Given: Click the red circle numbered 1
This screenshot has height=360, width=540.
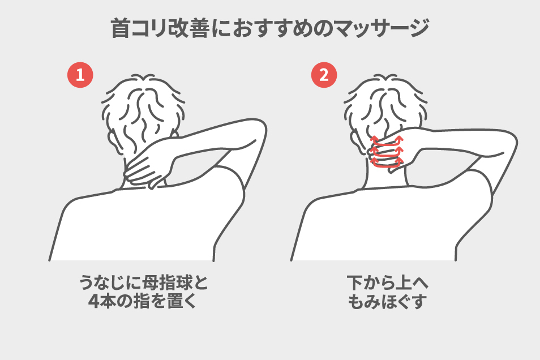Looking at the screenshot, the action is click(x=80, y=75).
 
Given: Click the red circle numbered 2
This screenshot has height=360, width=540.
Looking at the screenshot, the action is click(x=324, y=75).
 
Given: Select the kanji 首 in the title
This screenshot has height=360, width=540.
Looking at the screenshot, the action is click(x=121, y=28).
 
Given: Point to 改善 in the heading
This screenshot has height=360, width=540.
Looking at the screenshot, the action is click(x=188, y=28).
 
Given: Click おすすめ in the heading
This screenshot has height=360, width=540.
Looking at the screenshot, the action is click(x=272, y=28).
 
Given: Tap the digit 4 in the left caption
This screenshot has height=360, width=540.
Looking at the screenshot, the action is click(x=93, y=302).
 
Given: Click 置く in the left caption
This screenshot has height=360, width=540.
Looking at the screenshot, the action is click(x=182, y=302).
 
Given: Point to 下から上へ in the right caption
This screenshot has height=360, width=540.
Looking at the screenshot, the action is click(x=387, y=283).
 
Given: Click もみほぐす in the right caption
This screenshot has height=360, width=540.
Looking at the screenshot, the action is click(x=387, y=302).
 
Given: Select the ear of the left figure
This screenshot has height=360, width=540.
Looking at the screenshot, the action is click(x=113, y=139).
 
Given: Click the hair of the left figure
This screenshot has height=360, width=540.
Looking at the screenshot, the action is click(x=143, y=107).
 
